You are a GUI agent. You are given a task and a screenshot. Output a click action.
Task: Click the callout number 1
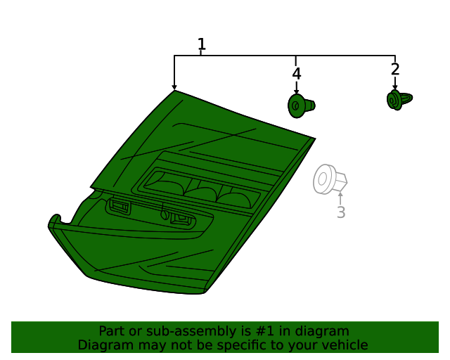[202, 44]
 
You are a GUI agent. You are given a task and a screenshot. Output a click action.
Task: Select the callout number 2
[395, 69]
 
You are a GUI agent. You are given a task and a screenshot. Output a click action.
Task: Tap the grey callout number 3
[341, 212]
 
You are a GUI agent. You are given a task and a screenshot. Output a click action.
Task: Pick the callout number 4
[297, 74]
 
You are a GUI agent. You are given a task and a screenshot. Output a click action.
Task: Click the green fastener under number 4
[301, 105]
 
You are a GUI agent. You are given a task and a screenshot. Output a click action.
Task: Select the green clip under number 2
[399, 100]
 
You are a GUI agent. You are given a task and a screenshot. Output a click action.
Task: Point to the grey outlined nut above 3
[330, 179]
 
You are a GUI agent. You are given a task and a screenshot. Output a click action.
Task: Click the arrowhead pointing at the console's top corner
[174, 88]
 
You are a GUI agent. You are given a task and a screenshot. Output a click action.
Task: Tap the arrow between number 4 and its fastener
[297, 88]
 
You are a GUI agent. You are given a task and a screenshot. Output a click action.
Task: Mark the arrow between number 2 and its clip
[395, 83]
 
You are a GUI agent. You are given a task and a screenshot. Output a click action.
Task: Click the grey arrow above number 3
[340, 198]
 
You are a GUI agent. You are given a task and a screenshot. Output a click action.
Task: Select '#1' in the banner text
[264, 331]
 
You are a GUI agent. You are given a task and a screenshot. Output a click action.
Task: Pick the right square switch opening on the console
[181, 219]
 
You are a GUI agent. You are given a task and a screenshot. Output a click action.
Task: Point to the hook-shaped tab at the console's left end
[55, 221]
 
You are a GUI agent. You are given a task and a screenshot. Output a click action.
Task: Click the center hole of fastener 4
[295, 105]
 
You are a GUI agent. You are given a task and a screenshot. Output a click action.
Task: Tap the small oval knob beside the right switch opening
[165, 214]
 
